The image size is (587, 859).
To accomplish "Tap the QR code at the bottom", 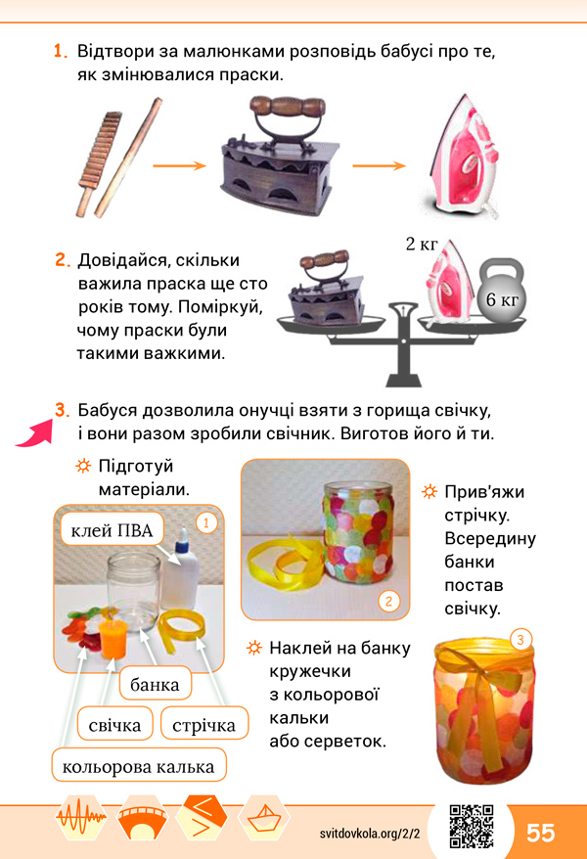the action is tap(472, 826).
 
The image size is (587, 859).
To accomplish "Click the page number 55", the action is tap(540, 833).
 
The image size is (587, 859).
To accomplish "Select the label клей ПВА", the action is tap(112, 529).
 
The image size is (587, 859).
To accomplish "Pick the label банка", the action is tap(155, 684).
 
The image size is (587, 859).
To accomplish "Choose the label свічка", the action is tap(115, 725).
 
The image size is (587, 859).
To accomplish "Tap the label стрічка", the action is tap(203, 725).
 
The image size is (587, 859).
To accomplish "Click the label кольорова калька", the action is tap(139, 766).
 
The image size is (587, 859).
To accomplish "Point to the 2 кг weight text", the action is tap(421, 244).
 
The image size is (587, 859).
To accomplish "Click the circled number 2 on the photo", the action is tap(388, 602).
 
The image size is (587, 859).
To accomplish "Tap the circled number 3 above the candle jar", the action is tap(520, 639).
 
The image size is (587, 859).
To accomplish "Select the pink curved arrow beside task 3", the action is tap(35, 433).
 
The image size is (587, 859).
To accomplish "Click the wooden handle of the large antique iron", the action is tap(288, 107).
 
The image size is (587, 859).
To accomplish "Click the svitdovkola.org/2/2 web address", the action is tap(370, 834).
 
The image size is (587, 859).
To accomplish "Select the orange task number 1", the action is tap(61, 51).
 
